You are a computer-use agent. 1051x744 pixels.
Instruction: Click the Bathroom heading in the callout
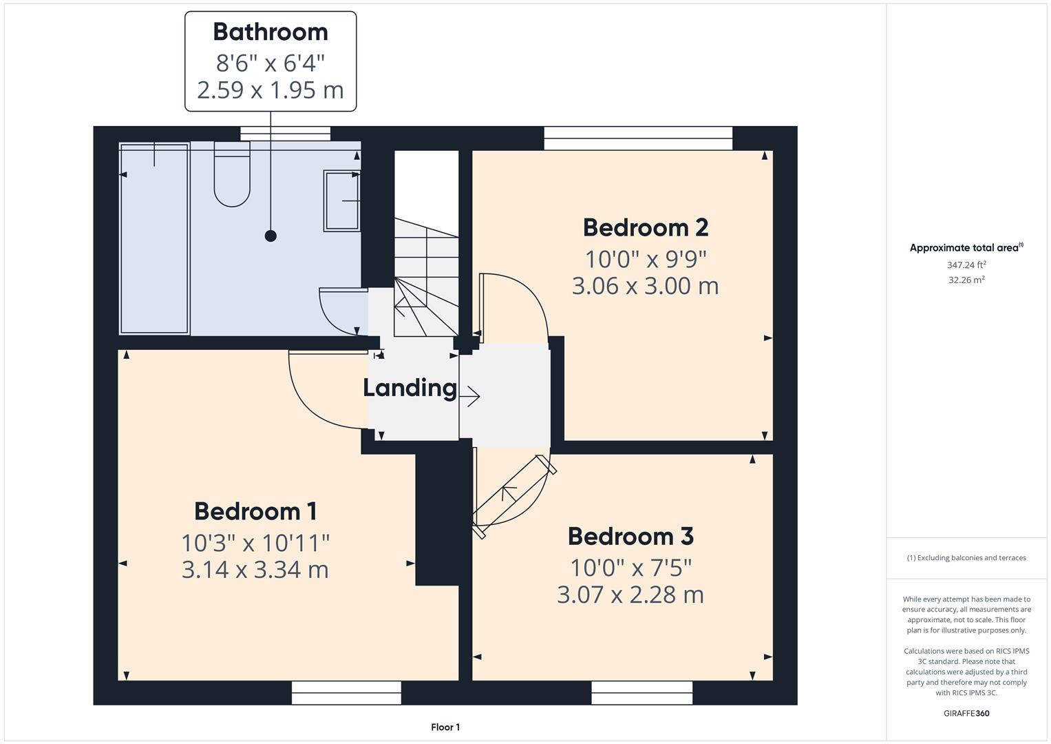pos(270,32)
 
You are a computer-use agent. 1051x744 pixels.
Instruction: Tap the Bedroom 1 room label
pos(255,511)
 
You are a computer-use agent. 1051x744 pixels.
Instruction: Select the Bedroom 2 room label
pos(645,227)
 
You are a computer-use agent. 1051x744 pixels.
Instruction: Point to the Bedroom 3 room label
pos(630,536)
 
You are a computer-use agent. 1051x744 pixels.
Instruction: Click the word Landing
pos(410,388)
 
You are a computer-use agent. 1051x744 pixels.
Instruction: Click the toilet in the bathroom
pos(231,175)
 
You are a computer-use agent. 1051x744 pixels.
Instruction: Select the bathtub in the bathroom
pos(154,238)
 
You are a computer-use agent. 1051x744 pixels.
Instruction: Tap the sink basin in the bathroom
pos(341,200)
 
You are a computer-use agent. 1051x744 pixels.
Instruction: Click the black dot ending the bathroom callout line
pos(270,236)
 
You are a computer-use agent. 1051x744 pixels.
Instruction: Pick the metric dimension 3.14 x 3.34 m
pos(255,570)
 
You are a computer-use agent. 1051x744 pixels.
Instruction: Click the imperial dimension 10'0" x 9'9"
pos(646,259)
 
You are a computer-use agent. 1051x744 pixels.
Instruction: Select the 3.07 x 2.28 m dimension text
pos(630,595)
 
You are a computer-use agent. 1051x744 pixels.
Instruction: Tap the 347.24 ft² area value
pos(966,265)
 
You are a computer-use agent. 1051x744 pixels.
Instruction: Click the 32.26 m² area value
pos(966,280)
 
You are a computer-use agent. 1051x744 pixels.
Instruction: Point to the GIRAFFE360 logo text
pos(966,713)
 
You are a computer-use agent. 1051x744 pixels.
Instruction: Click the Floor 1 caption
pos(445,727)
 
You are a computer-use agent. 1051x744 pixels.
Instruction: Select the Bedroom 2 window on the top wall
pos(638,138)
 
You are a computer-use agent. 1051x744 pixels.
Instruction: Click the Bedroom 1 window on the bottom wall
pos(346,692)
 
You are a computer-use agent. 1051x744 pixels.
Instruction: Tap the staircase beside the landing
pos(426,276)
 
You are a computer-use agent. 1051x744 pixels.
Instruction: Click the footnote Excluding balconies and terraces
pos(966,558)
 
